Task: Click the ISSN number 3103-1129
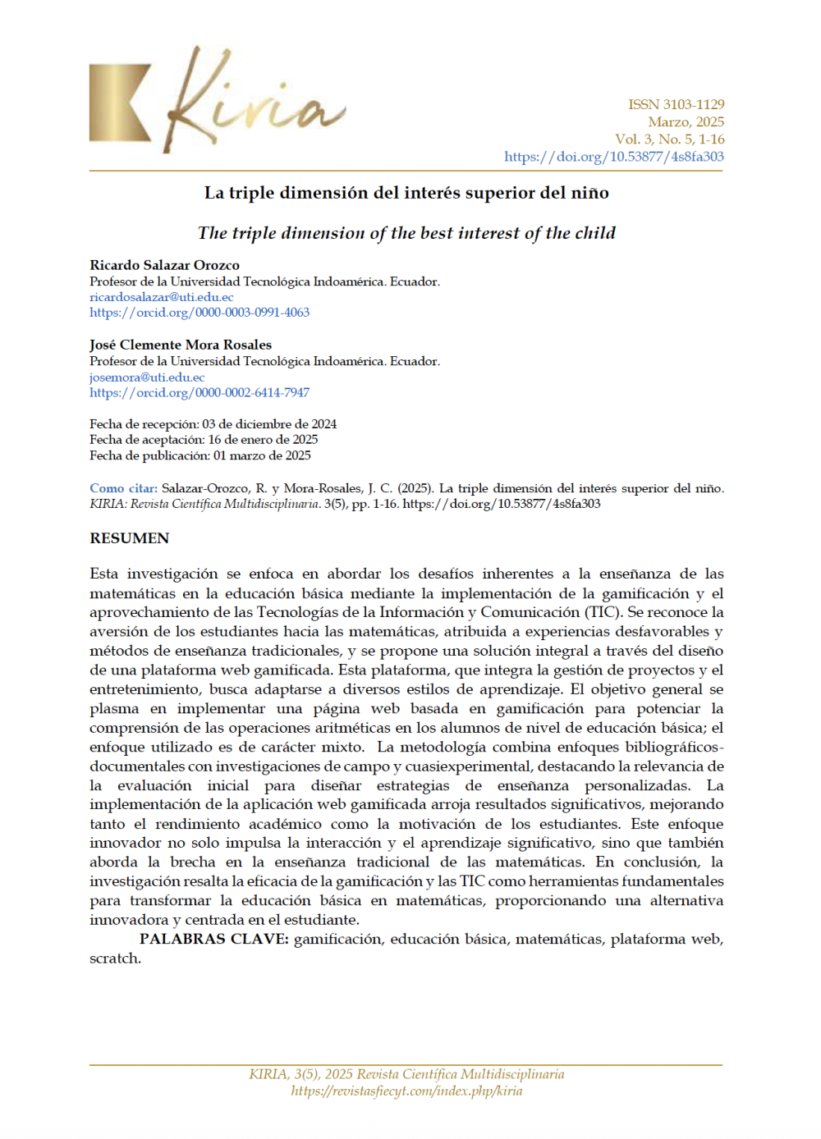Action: coord(677,104)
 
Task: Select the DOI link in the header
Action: coord(613,156)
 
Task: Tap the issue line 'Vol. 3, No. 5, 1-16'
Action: coord(669,139)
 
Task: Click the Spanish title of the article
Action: coord(406,193)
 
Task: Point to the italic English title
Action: coord(406,233)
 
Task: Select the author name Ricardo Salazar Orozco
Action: coord(164,265)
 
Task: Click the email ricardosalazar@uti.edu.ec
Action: coord(161,297)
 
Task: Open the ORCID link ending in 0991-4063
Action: coord(200,313)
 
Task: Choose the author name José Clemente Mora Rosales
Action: coord(181,345)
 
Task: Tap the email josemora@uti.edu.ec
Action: coord(147,377)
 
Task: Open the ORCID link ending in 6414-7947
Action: coord(200,393)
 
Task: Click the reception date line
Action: coord(213,424)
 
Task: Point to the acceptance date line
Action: coord(204,440)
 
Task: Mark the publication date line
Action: coord(200,455)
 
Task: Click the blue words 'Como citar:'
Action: coord(123,488)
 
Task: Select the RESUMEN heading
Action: coord(130,538)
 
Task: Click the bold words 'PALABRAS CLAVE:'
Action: coord(214,939)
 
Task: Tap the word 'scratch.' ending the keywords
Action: coord(115,958)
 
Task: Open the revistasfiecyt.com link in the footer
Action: coord(406,1091)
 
